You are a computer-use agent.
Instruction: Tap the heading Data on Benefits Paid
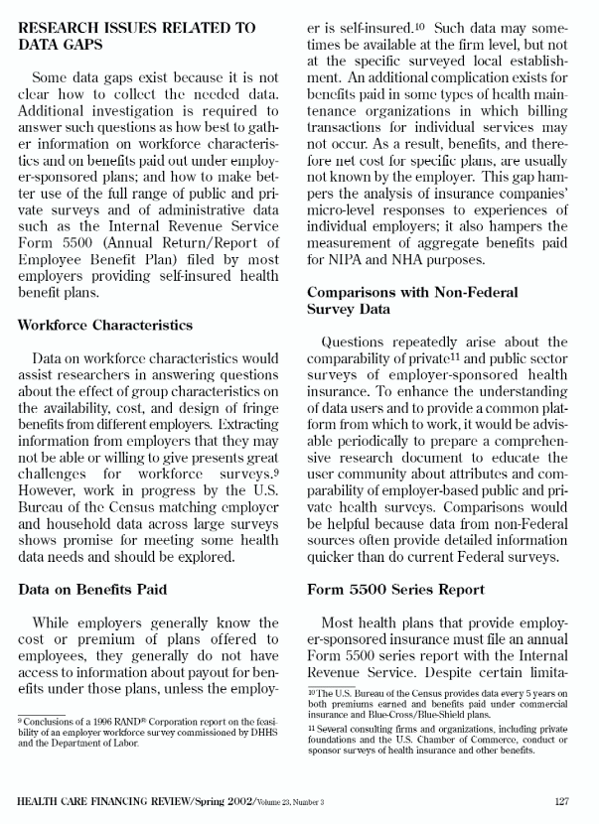tap(91, 589)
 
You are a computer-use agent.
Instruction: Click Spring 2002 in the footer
tap(203, 800)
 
